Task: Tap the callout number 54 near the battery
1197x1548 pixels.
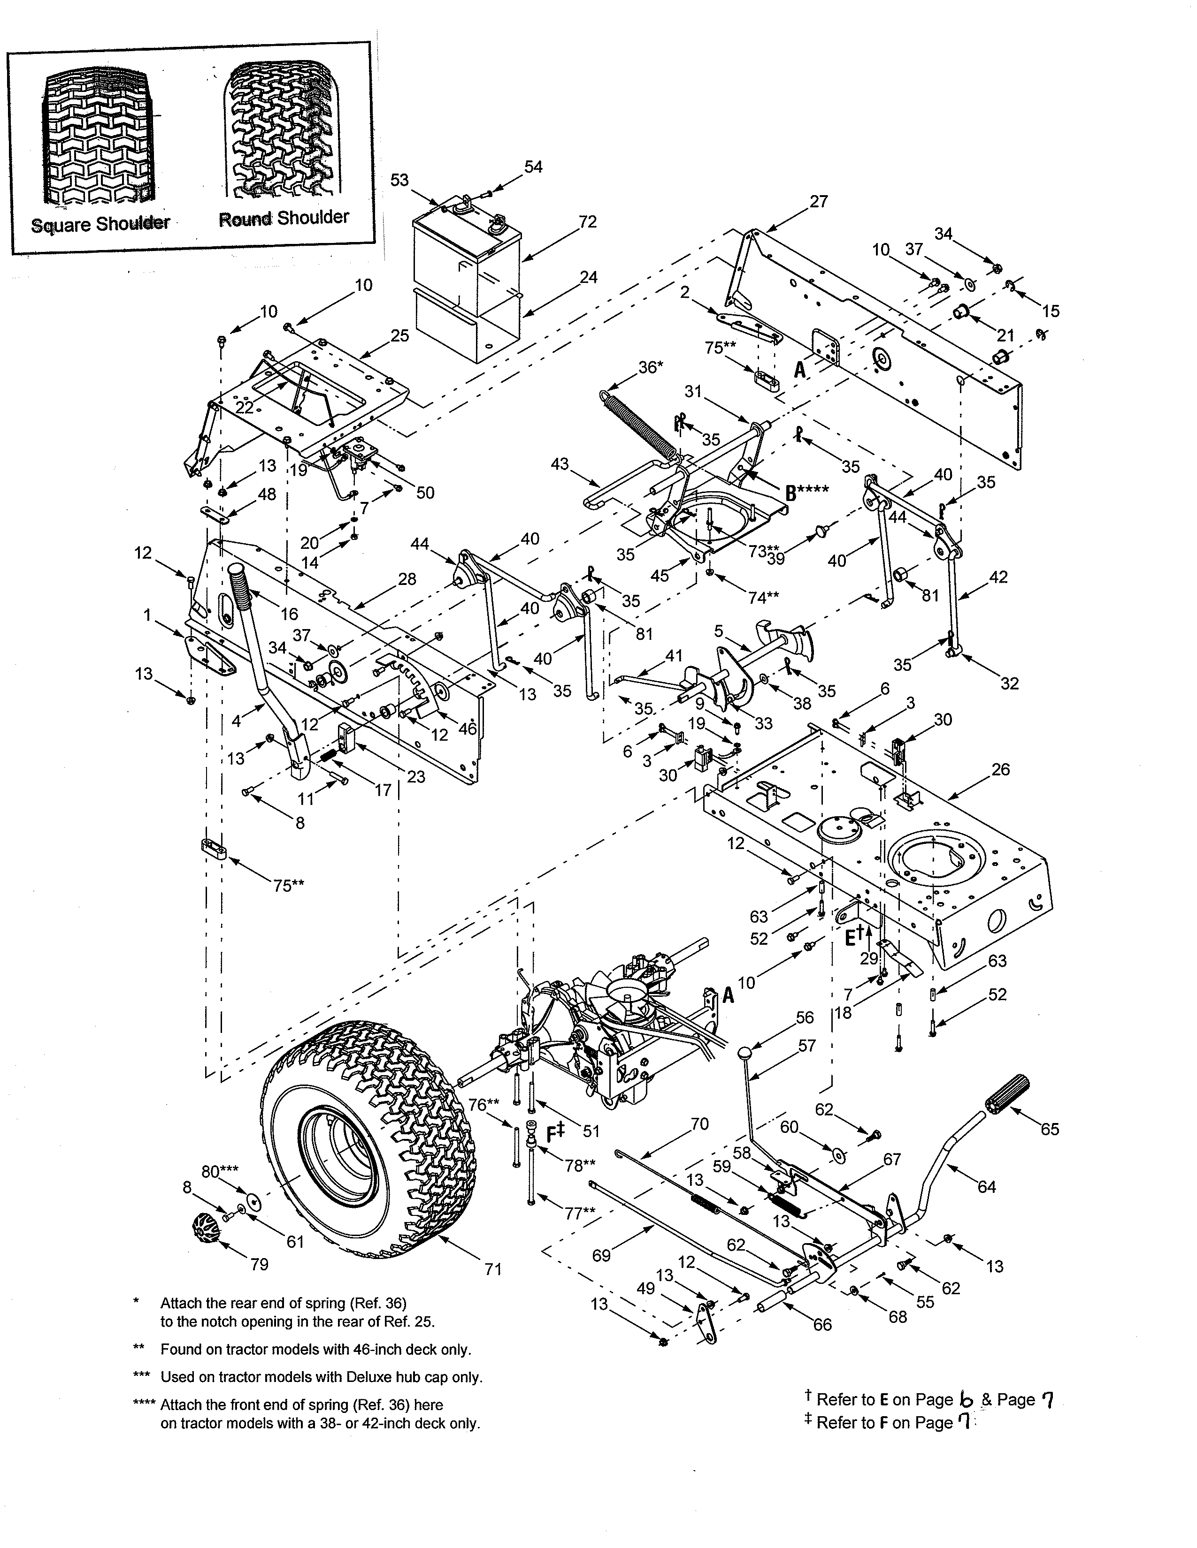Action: coord(533,167)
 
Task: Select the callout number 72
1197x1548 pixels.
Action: coord(587,222)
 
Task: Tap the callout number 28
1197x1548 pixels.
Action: coord(407,579)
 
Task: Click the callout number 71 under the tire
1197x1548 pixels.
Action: coord(493,1269)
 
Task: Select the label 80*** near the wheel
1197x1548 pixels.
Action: coord(219,1172)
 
